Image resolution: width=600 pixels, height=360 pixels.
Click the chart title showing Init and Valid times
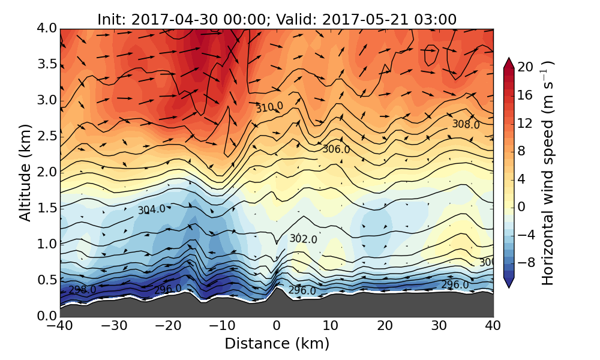coord(277,19)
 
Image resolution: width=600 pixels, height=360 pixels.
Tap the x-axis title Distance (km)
coord(277,344)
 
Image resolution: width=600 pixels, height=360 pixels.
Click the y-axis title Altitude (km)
coord(25,172)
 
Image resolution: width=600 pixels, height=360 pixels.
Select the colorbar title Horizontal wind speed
coord(548,173)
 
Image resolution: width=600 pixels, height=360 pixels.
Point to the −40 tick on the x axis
coord(60,326)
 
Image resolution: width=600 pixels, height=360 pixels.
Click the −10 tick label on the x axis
coord(222,326)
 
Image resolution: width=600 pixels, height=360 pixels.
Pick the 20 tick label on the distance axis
coord(385,326)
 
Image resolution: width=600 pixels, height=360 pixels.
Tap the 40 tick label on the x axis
coord(493,326)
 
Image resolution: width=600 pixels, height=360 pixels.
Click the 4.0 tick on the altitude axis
coord(43,28)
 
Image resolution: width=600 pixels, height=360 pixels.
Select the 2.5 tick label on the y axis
coord(43,136)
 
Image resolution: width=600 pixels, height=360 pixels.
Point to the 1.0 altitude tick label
coord(43,244)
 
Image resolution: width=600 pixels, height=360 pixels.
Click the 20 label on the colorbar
coord(526,67)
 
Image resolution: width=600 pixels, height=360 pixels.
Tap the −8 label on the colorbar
coord(526,262)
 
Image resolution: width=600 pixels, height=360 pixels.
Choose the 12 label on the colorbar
coord(526,123)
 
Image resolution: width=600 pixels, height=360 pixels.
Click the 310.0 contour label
coord(269,107)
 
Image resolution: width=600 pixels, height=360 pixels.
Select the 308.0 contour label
coord(466,125)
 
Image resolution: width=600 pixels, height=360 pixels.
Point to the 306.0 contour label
coord(336,149)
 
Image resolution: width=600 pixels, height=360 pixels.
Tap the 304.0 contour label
coord(151,210)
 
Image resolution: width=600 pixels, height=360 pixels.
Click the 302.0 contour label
coord(303,239)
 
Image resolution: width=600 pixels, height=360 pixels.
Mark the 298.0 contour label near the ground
coord(82,290)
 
